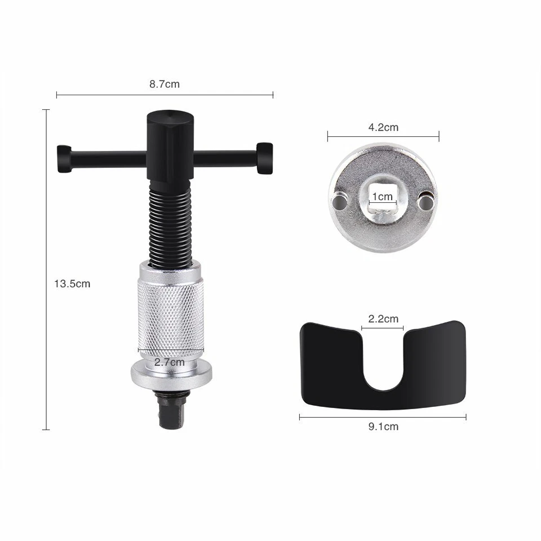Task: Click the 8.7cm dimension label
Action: coord(165,85)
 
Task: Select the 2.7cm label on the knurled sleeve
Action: coord(169,362)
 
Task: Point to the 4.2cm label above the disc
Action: coord(383,127)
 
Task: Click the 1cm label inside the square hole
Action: coord(383,197)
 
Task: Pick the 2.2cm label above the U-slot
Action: coord(383,318)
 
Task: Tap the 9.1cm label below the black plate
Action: coord(383,427)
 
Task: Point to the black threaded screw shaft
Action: coord(171,225)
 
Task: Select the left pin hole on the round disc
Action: coord(339,200)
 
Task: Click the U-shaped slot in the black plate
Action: coord(383,361)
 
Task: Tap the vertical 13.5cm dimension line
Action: coord(46,225)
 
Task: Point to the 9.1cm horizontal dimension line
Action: coord(338,417)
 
